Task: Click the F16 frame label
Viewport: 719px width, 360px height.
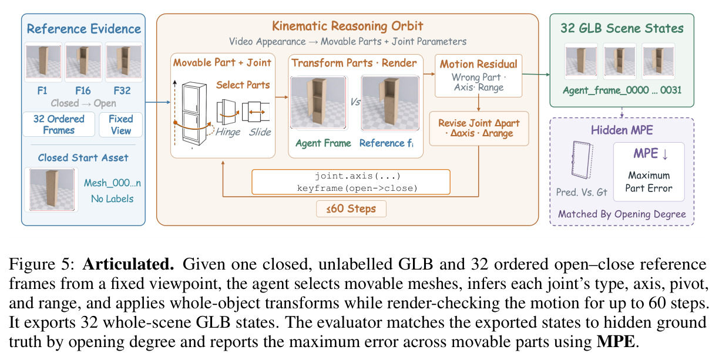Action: point(83,90)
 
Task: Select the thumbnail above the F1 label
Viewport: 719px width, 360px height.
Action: point(43,62)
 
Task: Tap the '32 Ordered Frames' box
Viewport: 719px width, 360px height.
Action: point(59,125)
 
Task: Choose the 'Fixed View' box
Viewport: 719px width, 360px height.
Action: point(120,125)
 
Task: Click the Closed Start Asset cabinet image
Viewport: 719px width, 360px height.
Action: point(52,189)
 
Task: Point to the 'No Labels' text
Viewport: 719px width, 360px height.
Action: point(112,198)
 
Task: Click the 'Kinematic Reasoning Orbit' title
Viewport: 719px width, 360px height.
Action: point(348,26)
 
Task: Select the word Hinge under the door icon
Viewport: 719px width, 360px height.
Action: point(228,132)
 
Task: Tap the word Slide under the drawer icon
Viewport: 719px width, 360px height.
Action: point(260,132)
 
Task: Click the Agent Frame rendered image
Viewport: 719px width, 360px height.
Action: point(318,102)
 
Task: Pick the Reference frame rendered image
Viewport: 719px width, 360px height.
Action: point(390,103)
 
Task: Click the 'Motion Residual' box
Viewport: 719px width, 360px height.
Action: point(478,76)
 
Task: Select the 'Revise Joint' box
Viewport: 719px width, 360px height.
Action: point(479,129)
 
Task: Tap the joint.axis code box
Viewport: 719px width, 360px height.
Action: point(351,182)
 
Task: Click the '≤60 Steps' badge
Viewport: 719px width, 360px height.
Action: point(351,209)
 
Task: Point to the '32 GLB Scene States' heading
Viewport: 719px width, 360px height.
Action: point(621,28)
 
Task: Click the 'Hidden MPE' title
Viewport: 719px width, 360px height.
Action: point(621,130)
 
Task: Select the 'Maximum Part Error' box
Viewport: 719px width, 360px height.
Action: point(649,171)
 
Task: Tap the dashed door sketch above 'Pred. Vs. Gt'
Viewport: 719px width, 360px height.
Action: point(582,160)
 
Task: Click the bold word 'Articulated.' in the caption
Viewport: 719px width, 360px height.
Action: point(129,264)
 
